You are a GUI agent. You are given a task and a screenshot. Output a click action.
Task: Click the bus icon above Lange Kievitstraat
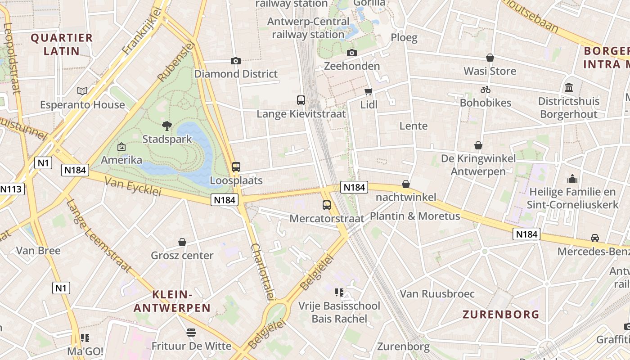point(301,100)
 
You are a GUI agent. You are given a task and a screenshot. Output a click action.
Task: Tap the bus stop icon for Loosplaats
point(236,167)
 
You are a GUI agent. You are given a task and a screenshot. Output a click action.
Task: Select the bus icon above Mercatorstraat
point(327,205)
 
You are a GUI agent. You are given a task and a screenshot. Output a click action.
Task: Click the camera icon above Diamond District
point(235,61)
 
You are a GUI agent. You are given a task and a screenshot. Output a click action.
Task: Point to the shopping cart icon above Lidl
point(369,91)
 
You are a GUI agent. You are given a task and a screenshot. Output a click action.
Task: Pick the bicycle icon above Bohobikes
point(485,90)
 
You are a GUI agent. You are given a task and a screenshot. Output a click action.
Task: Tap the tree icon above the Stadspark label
point(167,126)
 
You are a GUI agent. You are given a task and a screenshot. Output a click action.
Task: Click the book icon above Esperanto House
point(82,91)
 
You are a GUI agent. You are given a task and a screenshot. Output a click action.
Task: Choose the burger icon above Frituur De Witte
point(191,333)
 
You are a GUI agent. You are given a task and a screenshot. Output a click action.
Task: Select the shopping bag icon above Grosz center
point(182,243)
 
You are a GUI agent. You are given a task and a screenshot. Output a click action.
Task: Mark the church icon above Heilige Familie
point(572,179)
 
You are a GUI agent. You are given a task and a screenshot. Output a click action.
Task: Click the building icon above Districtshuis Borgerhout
point(568,87)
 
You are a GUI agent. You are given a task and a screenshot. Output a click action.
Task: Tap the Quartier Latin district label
point(62,44)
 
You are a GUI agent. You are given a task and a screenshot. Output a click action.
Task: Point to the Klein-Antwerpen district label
point(172,301)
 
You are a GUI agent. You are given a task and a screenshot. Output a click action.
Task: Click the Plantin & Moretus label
point(415,216)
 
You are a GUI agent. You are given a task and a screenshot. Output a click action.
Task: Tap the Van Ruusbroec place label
point(437,294)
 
